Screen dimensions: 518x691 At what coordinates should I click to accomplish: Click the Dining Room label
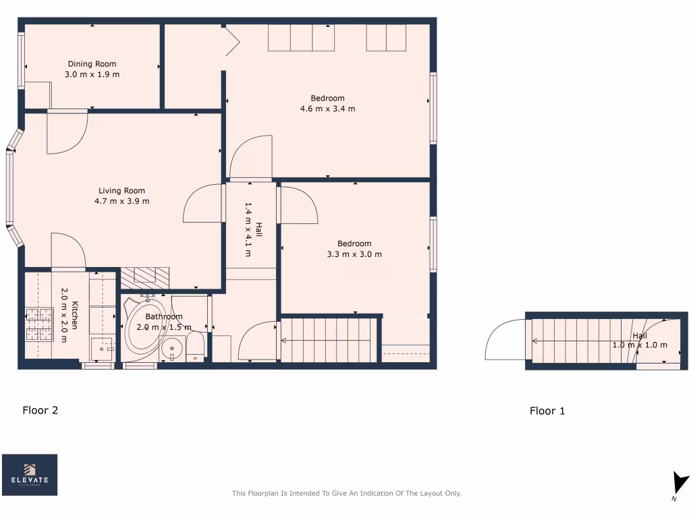coord(92,64)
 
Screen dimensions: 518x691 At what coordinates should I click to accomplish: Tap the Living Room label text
coord(121,191)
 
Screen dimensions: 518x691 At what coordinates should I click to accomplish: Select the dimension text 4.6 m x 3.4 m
coord(327,109)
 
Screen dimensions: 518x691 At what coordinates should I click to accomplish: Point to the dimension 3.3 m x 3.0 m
coord(354,254)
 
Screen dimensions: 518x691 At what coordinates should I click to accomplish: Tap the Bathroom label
coord(164,316)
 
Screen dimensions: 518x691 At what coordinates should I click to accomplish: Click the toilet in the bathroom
coord(196,345)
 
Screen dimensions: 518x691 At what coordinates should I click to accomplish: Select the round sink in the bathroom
coord(173,349)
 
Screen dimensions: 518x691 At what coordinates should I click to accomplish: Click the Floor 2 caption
coord(40,409)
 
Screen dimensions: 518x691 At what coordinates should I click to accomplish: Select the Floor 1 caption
coord(547,411)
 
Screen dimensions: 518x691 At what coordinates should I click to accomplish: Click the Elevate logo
coord(30,474)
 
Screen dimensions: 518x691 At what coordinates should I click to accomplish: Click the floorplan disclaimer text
coord(346,494)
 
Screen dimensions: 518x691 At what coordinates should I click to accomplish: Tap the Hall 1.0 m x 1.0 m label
coord(640,341)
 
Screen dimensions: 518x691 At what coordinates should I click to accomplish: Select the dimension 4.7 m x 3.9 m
coord(121,201)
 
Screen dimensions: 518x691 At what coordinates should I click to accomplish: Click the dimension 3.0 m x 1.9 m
coord(92,74)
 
